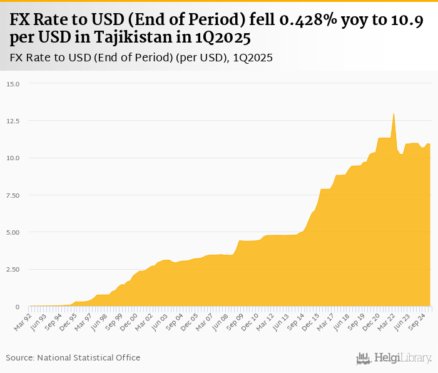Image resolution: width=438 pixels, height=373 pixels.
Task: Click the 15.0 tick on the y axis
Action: [14, 84]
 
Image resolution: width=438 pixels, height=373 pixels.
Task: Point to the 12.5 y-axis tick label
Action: [14, 121]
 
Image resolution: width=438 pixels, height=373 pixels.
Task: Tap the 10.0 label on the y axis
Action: [14, 158]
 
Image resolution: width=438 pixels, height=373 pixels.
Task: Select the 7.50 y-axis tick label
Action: [13, 195]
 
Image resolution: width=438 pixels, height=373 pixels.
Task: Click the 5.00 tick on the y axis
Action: [13, 232]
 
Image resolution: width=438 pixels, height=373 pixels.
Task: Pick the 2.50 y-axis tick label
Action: [13, 269]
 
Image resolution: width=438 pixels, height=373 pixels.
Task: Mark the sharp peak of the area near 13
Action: [394, 114]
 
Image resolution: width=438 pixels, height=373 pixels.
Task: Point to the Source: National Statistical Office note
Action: [73, 357]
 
